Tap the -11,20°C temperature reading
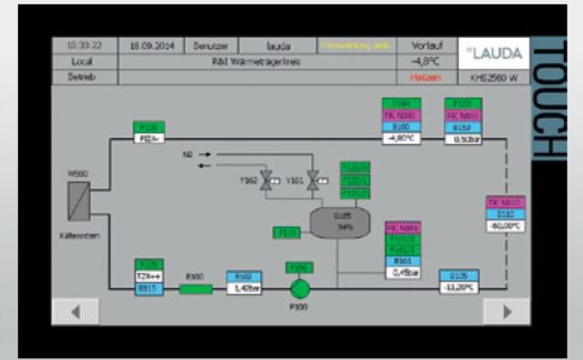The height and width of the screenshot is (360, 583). tap(459, 287)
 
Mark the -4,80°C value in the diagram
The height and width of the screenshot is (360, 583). tap(400, 137)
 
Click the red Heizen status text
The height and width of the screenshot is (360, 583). tap(421, 77)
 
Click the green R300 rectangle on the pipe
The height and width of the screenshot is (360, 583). tap(195, 288)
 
